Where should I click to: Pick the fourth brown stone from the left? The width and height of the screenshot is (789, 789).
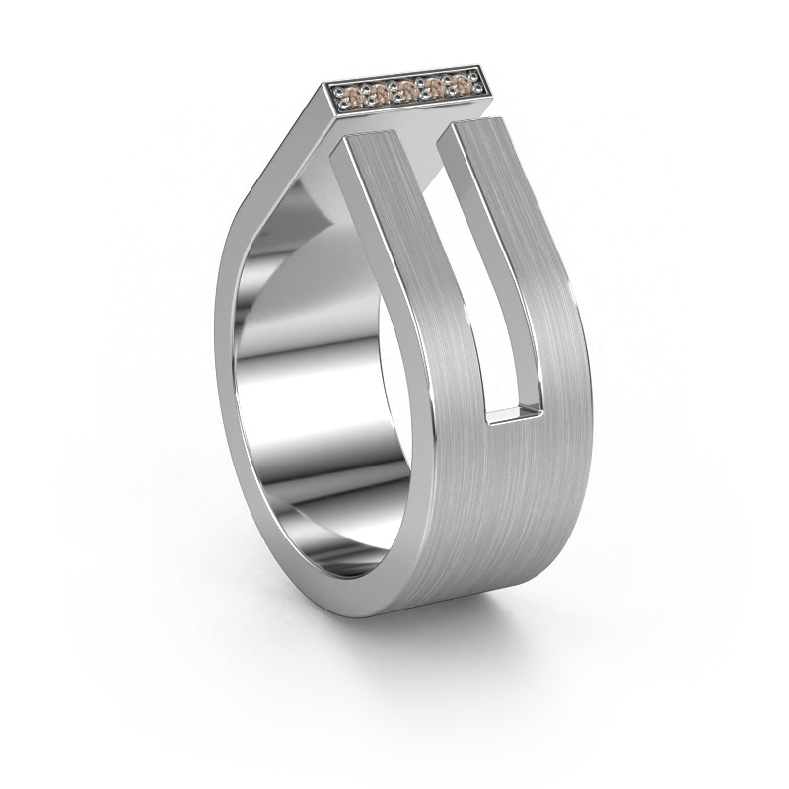click(432, 89)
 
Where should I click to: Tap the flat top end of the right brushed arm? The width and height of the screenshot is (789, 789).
click(477, 123)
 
